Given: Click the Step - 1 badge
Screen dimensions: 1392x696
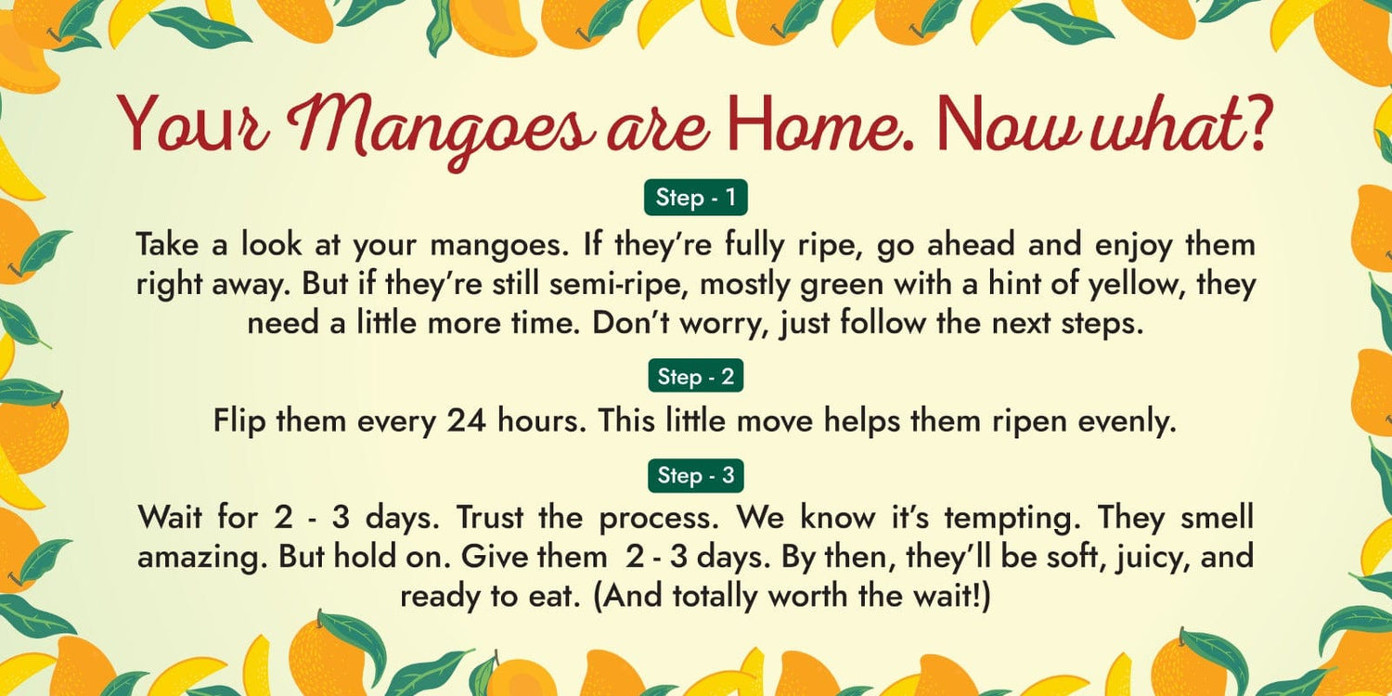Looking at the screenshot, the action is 695,198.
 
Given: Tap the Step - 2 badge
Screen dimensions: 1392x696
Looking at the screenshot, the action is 695,376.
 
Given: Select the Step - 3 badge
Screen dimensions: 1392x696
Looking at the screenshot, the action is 695,475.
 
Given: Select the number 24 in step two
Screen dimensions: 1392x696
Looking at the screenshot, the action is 466,420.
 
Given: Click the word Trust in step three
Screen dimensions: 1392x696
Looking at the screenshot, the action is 490,517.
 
